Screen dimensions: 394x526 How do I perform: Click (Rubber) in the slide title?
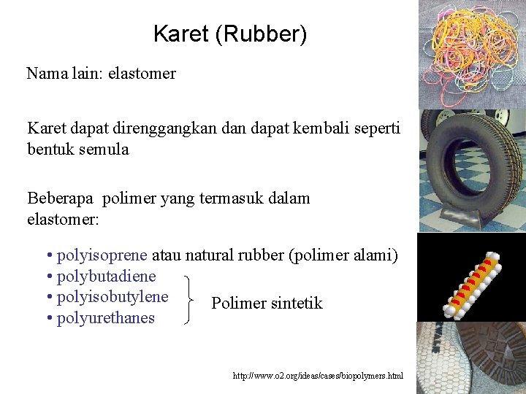tap(262, 34)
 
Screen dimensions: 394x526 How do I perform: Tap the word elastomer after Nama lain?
tap(142, 74)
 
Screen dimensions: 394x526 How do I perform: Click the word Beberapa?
tap(61, 198)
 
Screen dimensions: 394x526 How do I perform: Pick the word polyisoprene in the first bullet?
tap(102, 255)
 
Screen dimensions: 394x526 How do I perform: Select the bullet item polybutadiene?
tap(106, 277)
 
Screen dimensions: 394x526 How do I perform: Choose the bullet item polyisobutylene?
tap(113, 297)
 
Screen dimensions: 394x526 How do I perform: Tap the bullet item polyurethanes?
tap(106, 318)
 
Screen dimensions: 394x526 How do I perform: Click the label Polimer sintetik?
tap(267, 304)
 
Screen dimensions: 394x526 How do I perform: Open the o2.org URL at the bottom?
tap(319, 376)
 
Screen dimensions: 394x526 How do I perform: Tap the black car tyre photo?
tap(469, 169)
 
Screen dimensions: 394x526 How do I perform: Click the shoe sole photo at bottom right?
tap(472, 358)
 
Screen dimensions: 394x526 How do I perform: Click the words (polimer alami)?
tap(343, 255)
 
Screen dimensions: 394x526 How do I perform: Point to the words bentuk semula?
tap(78, 150)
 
